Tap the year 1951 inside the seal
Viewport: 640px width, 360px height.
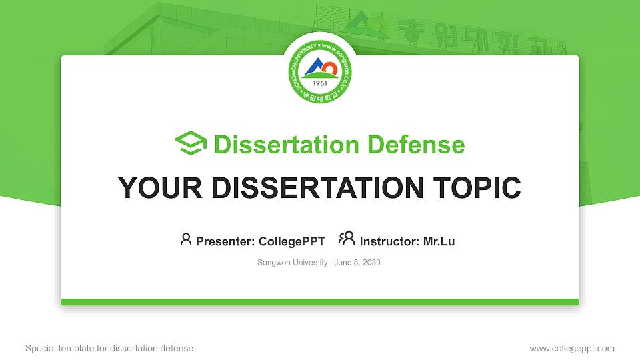(x=320, y=84)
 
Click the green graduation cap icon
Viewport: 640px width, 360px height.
(x=191, y=143)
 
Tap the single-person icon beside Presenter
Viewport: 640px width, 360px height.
(x=186, y=239)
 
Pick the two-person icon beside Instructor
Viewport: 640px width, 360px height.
(x=347, y=239)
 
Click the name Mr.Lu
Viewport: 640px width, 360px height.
(x=439, y=241)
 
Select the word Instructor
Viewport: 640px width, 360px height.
(x=389, y=241)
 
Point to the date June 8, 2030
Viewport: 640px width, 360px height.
(x=357, y=263)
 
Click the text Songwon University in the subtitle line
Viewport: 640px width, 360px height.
(x=292, y=263)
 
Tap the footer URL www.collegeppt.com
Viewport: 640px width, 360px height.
(x=572, y=348)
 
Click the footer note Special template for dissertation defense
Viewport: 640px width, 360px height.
(x=109, y=348)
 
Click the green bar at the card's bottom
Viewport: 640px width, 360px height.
(x=320, y=302)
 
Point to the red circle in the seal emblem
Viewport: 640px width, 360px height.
(x=329, y=65)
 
